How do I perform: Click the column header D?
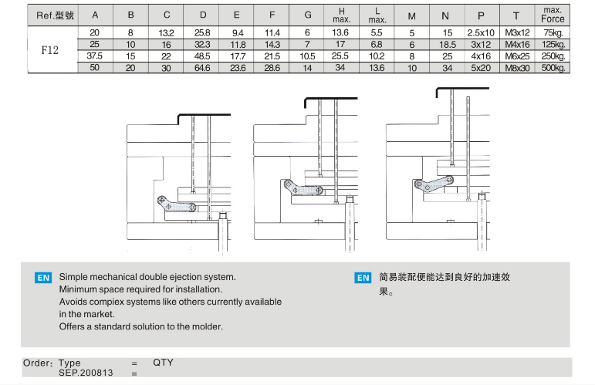coord(203,15)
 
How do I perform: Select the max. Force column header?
coord(553,15)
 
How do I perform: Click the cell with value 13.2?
coord(167,33)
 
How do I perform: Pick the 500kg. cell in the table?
coord(553,68)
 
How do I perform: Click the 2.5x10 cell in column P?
coord(480,33)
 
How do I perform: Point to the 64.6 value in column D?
coord(203,68)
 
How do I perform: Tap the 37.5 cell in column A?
coord(95,56)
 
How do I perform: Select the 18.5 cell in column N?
coord(445,45)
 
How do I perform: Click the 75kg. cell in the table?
coord(553,33)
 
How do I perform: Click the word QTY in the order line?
coord(164,363)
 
